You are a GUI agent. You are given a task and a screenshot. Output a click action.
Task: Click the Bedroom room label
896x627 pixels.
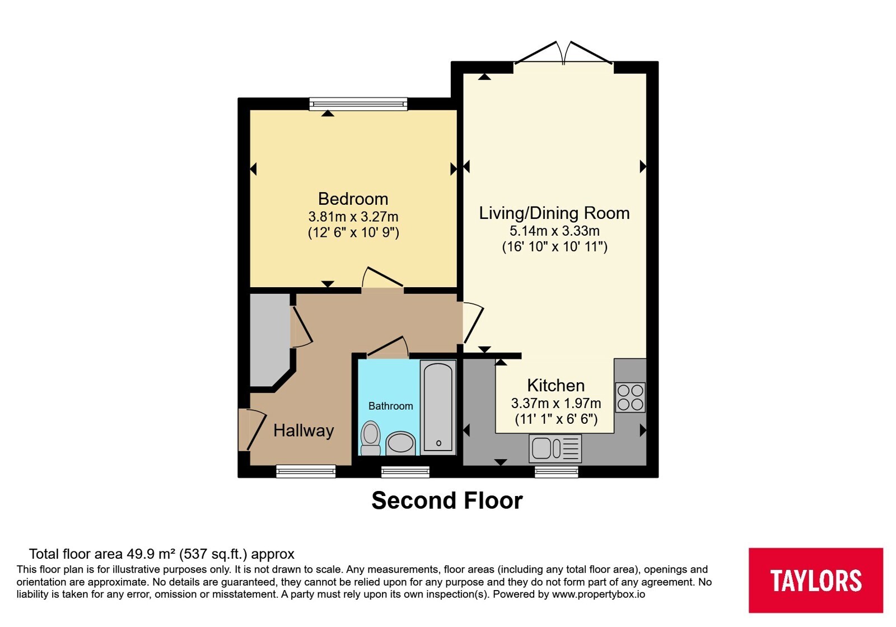(x=353, y=199)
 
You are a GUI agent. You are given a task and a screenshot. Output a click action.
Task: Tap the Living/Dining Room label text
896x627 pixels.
(x=554, y=213)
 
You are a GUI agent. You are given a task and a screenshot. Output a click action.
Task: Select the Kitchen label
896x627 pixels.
(x=556, y=386)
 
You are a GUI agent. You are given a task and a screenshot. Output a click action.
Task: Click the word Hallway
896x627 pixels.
(x=304, y=431)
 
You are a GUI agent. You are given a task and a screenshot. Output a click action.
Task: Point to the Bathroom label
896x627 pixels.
(x=390, y=406)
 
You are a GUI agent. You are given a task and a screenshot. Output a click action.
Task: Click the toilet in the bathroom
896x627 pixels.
(x=370, y=438)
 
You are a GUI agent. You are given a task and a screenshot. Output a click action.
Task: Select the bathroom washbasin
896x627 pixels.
(x=400, y=443)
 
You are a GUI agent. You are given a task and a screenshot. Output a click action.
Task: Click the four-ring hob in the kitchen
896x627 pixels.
(x=631, y=397)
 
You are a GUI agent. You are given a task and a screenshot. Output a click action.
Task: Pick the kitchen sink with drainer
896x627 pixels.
(x=555, y=448)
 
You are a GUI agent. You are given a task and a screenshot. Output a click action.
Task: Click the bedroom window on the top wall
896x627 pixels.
(x=358, y=104)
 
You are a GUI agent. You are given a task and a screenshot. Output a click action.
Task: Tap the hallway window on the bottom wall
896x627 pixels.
(x=306, y=471)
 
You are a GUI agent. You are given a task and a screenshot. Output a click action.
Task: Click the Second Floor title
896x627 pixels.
(x=447, y=500)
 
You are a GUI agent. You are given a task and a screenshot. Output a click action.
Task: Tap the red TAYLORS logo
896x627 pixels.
(x=815, y=580)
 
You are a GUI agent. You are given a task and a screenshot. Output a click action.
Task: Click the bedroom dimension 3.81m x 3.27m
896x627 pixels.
(x=353, y=217)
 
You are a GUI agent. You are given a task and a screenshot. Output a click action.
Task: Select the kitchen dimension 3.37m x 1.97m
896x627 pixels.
(x=556, y=403)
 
